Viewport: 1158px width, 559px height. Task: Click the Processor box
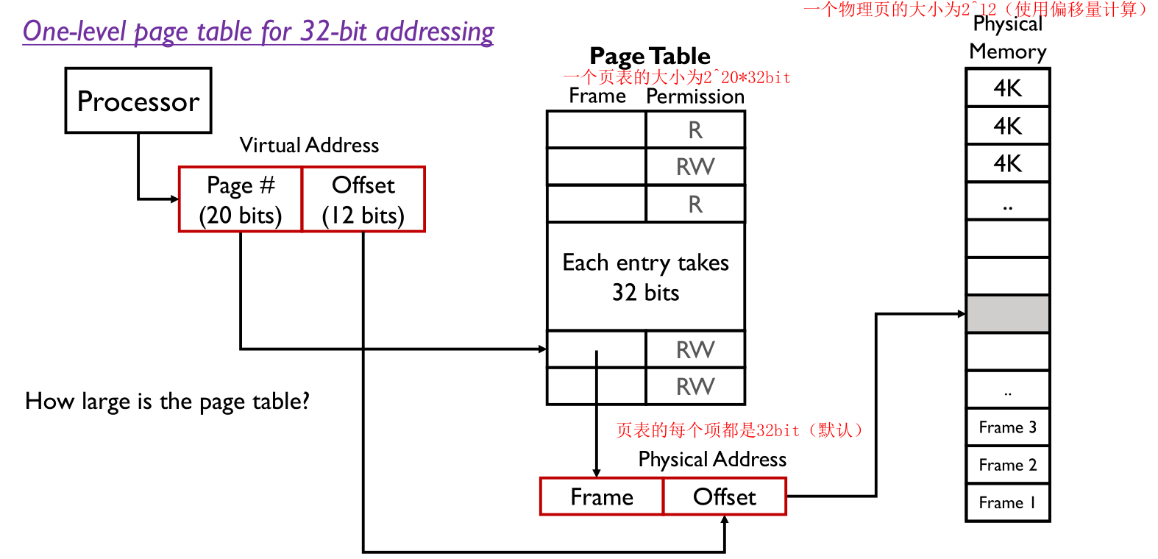pos(138,101)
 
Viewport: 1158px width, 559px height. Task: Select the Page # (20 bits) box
pos(241,199)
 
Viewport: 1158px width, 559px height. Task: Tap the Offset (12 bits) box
pos(363,199)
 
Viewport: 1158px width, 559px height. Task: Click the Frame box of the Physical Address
pos(602,497)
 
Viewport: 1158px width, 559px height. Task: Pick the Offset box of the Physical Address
pos(725,497)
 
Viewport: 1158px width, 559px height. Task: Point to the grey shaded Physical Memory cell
pos(1007,314)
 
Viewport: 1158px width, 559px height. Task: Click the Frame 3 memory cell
pos(1007,427)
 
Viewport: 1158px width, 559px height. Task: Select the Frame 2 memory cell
pos(1007,465)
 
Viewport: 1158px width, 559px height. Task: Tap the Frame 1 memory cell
pos(1007,502)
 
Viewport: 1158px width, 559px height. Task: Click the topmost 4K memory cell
pos(1007,88)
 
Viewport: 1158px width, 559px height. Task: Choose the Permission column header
pos(695,96)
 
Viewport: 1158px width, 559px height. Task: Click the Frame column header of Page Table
pos(597,96)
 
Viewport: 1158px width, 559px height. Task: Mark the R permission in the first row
pos(695,130)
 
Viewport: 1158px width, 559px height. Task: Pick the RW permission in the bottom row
pos(695,386)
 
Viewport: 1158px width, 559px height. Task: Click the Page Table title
pos(650,56)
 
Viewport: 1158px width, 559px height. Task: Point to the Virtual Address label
pos(309,145)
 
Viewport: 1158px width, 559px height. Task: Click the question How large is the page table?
pos(167,401)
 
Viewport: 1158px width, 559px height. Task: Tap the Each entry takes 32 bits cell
pos(646,277)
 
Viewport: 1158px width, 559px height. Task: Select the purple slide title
pos(258,32)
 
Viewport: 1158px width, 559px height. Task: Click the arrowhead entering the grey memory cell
pos(962,314)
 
